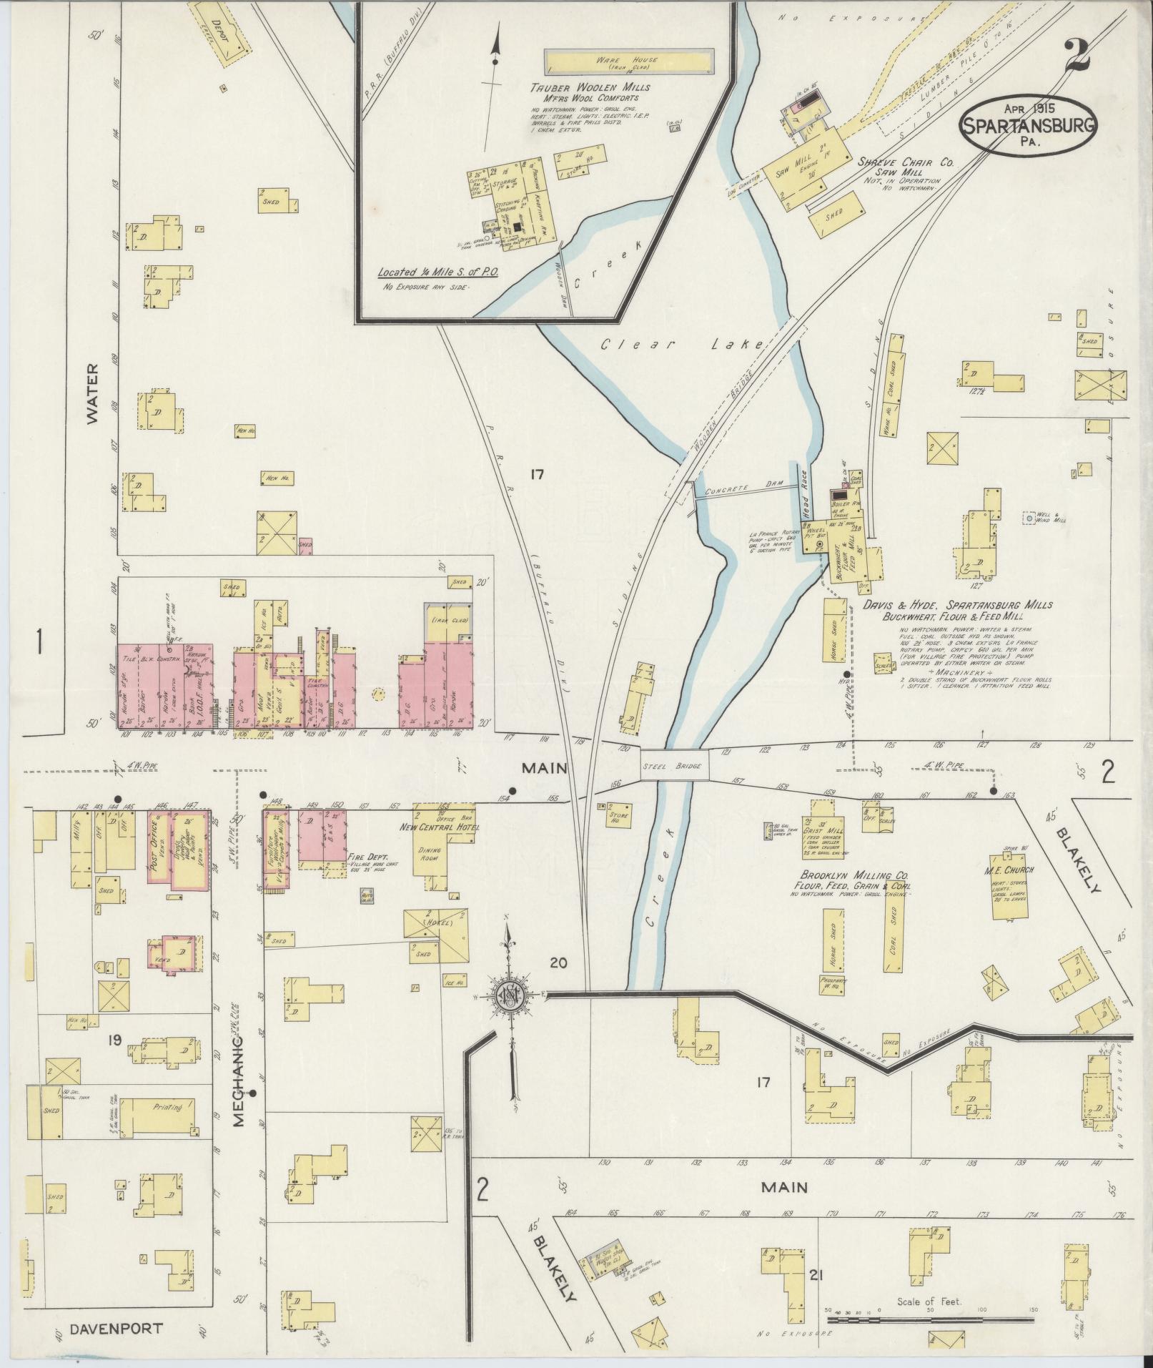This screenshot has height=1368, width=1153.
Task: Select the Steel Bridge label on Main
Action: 673,766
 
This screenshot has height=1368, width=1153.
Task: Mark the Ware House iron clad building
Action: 628,62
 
